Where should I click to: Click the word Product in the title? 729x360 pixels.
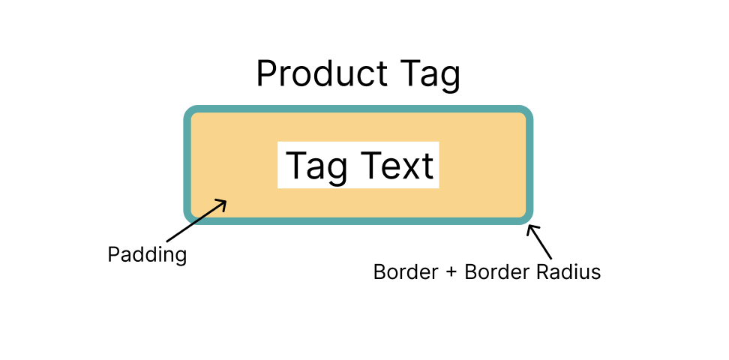coord(322,74)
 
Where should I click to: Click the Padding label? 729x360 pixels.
coord(147,255)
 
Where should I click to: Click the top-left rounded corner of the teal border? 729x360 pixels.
coord(190,113)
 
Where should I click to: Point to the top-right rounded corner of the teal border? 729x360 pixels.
coord(526,113)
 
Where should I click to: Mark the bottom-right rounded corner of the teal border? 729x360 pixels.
coord(526,217)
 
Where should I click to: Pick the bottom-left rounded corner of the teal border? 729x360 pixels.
coord(190,217)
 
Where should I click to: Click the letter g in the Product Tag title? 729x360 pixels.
coord(451,79)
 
